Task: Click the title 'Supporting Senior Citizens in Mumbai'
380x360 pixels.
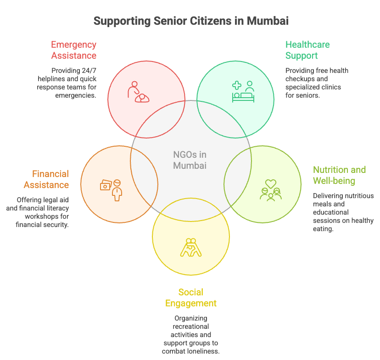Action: pyautogui.click(x=190, y=21)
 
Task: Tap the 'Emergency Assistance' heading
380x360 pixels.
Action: pyautogui.click(x=73, y=50)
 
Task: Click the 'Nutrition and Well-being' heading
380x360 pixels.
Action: pyautogui.click(x=340, y=175)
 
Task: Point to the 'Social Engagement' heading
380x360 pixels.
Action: pyautogui.click(x=190, y=298)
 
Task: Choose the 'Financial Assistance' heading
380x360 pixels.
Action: pyautogui.click(x=50, y=179)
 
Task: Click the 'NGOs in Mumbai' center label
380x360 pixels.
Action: pyautogui.click(x=190, y=160)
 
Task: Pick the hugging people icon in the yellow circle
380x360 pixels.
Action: pyautogui.click(x=190, y=247)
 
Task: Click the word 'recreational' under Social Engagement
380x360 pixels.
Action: pyautogui.click(x=190, y=327)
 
